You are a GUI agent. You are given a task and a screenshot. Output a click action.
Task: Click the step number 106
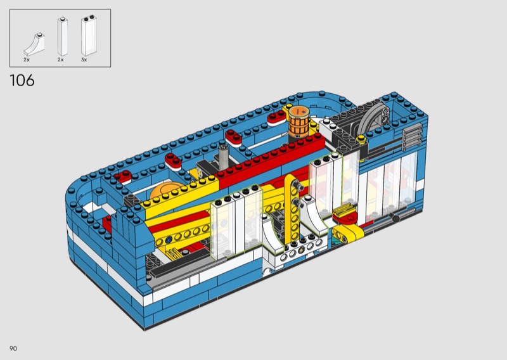[x=22, y=80]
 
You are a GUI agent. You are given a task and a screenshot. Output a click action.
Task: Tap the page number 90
[x=13, y=349]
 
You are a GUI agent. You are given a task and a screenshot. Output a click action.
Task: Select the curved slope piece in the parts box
[x=34, y=44]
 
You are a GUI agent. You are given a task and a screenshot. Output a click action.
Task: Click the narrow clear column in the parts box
[x=62, y=36]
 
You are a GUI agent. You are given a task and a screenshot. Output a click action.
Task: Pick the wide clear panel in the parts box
[x=89, y=35]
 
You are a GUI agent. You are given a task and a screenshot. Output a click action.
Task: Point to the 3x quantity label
[x=84, y=60]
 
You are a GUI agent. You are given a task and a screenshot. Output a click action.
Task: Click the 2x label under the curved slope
[x=27, y=60]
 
